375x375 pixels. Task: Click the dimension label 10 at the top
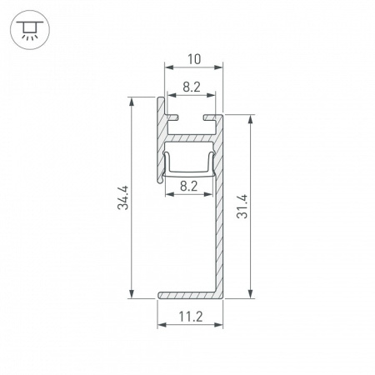coord(194,59)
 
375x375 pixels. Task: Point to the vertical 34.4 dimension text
coord(122,197)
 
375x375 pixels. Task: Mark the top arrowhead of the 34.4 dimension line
coord(131,101)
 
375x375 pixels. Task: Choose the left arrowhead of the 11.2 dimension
coord(161,326)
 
